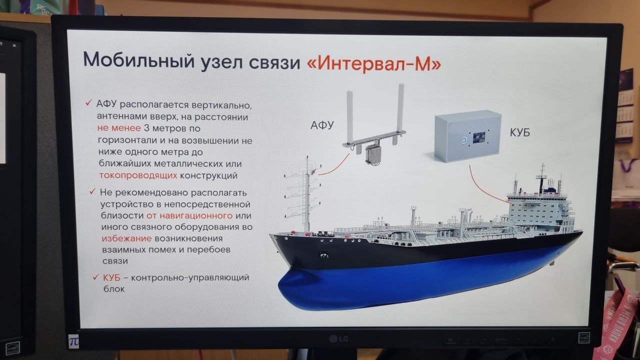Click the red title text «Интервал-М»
374,64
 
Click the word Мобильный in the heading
139,61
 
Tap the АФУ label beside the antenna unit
322,125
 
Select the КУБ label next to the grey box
519,132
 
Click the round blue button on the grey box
463,140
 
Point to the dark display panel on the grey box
480,137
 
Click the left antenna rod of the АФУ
349,117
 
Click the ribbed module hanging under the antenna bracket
374,154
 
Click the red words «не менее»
119,128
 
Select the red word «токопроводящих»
138,175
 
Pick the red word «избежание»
126,238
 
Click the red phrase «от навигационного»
189,215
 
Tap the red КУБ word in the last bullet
111,277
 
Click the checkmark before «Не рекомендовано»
92,191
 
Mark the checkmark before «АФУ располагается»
88,102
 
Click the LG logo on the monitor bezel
338,339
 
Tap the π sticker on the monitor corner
73,341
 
